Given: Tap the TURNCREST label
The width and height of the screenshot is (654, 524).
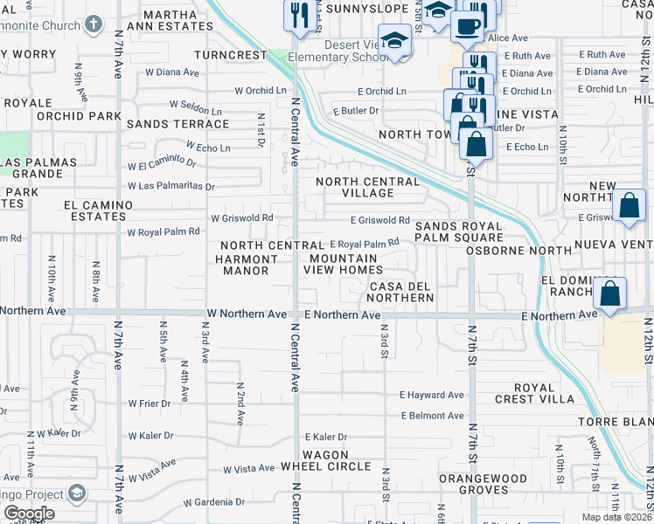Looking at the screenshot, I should pyautogui.click(x=230, y=54).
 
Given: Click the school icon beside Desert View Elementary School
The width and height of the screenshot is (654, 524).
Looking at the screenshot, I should pyautogui.click(x=395, y=41).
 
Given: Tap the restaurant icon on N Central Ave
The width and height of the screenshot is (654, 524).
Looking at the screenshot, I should pyautogui.click(x=299, y=15).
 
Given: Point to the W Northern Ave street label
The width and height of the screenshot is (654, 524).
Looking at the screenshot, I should pyautogui.click(x=247, y=314).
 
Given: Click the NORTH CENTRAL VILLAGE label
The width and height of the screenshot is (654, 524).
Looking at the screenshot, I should pyautogui.click(x=367, y=187).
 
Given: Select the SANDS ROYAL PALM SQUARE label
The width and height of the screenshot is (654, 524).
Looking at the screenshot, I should pyautogui.click(x=459, y=231).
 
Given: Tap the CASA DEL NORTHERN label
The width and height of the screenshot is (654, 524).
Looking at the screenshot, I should pyautogui.click(x=401, y=292).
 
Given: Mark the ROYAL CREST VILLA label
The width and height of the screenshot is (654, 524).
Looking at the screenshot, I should pyautogui.click(x=546, y=392).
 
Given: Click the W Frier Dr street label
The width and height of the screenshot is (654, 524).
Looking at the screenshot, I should pyautogui.click(x=149, y=403).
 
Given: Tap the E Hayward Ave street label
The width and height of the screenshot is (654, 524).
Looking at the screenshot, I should pyautogui.click(x=432, y=395).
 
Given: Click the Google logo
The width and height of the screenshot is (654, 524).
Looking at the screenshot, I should pyautogui.click(x=29, y=514).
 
